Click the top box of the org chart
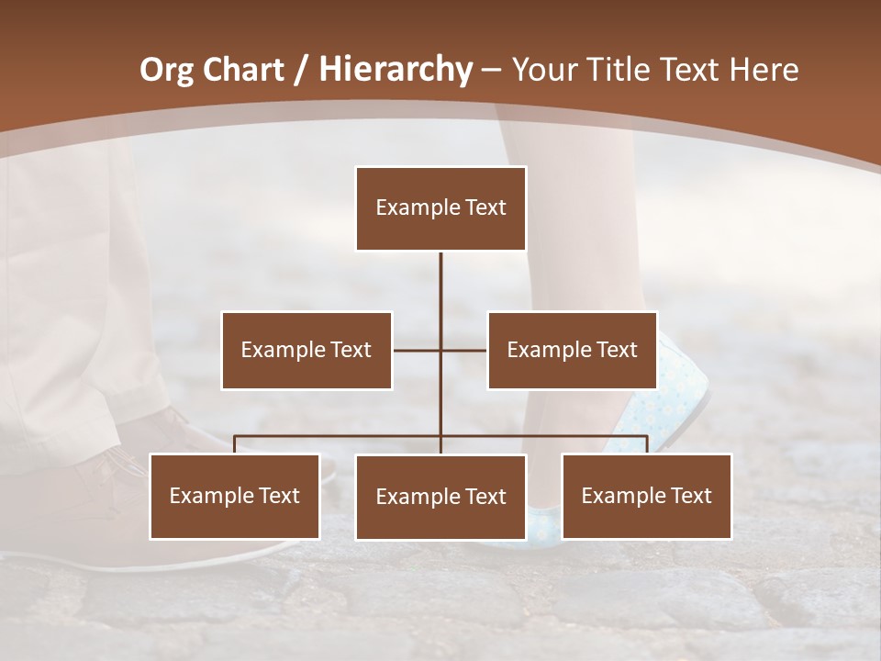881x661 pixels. tap(440, 208)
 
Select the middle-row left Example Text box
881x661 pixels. tap(307, 350)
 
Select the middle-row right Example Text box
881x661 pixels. tap(572, 350)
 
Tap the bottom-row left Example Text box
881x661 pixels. tap(235, 496)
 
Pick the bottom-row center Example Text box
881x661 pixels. tap(440, 497)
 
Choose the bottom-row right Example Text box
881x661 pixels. tap(646, 496)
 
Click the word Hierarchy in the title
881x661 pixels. tap(396, 70)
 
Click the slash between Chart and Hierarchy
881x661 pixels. tap(300, 70)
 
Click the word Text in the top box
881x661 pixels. tap(485, 207)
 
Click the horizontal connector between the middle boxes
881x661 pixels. tap(440, 350)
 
